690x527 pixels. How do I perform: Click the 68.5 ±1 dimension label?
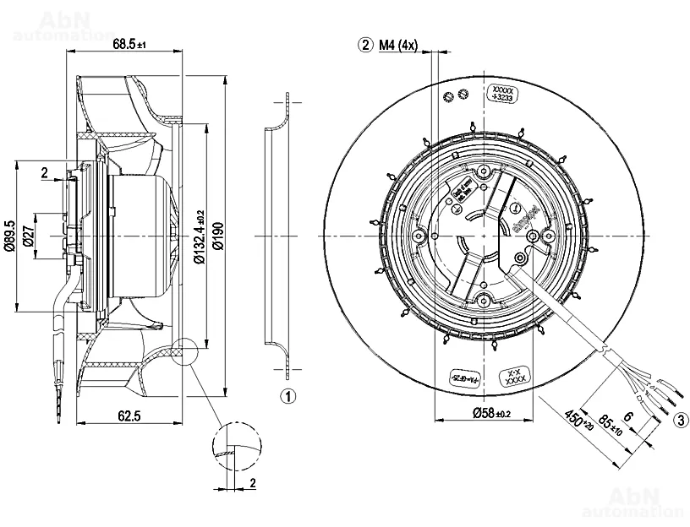click(x=129, y=44)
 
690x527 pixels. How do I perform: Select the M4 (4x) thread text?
click(x=398, y=45)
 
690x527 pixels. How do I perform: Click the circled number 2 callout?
click(x=366, y=45)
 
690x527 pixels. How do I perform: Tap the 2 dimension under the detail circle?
click(x=252, y=482)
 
